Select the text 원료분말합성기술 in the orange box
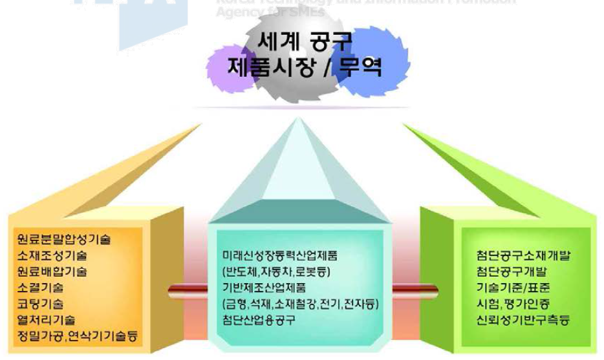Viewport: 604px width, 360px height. click(x=65, y=239)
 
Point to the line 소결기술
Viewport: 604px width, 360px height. click(x=40, y=287)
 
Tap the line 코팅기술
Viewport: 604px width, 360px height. click(x=40, y=303)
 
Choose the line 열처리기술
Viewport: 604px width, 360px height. click(x=46, y=319)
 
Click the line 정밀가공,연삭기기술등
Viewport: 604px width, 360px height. click(x=78, y=335)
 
